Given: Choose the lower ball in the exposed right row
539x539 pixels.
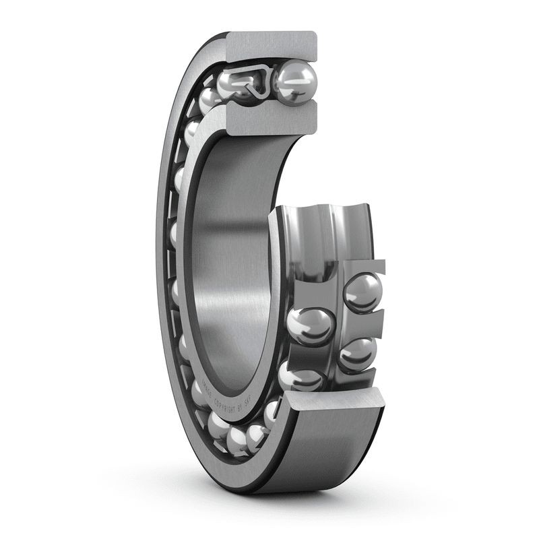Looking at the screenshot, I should pos(358,353).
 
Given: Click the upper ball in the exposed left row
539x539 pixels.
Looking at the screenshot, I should pos(311,325).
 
